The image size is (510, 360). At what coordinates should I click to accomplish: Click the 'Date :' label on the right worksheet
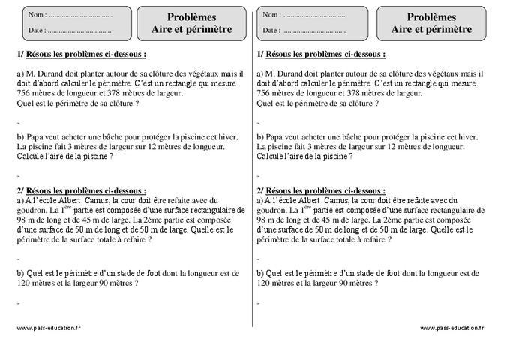tap(272, 31)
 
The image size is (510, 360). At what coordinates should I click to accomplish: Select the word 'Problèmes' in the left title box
tap(191, 16)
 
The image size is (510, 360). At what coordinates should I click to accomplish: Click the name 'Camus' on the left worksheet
tap(98, 200)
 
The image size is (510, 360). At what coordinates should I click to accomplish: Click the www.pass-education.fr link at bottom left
tap(48, 328)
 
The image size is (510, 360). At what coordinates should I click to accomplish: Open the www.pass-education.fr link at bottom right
tap(451, 328)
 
